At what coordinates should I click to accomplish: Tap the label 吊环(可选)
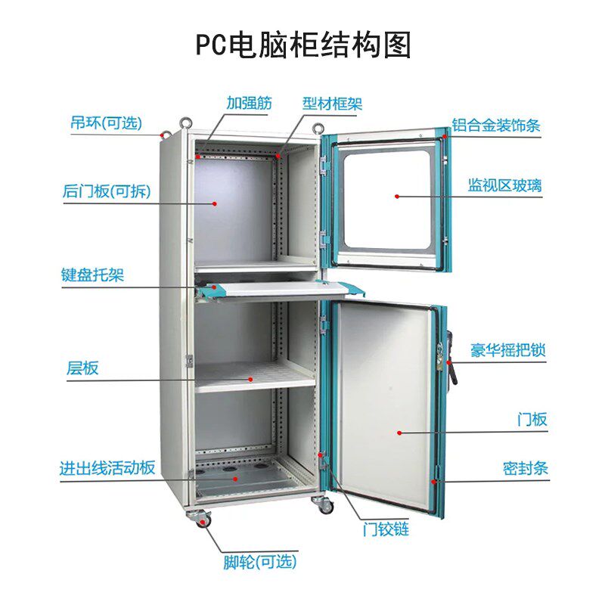107,123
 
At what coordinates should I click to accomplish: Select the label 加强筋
249,104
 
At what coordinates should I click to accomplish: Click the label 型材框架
332,104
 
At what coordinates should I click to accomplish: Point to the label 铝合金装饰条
496,125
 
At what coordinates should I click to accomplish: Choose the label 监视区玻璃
504,185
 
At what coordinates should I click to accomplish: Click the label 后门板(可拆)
107,191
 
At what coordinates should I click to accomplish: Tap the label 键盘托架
92,275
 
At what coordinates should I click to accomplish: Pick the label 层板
82,368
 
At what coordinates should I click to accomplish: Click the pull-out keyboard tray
280,288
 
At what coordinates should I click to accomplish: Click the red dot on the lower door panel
398,433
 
